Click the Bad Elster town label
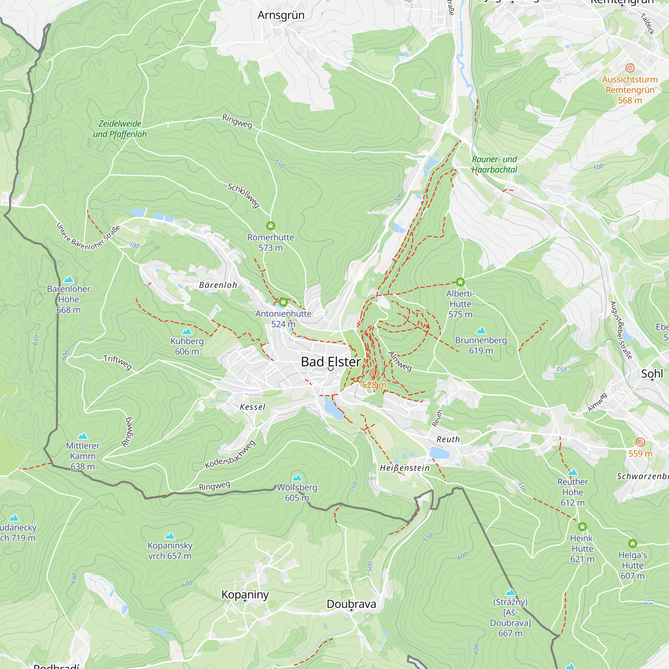(x=331, y=362)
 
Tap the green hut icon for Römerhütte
(x=270, y=226)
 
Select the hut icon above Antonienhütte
(x=283, y=302)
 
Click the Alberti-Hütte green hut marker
(x=460, y=282)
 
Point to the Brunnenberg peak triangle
(x=481, y=331)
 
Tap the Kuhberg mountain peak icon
(x=187, y=331)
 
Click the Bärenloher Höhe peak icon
(x=69, y=279)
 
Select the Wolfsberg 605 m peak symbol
(x=297, y=478)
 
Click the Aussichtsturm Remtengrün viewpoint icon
(x=630, y=68)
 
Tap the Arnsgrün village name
(x=281, y=15)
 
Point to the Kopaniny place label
(x=245, y=594)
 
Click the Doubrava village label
(x=351, y=604)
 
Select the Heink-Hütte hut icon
(x=582, y=527)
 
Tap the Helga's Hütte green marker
(x=632, y=543)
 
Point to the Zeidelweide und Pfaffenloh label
(x=120, y=129)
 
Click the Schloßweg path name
(x=244, y=196)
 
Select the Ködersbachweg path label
(x=230, y=455)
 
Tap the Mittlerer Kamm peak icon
(x=82, y=436)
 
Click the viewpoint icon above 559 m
(x=640, y=442)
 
